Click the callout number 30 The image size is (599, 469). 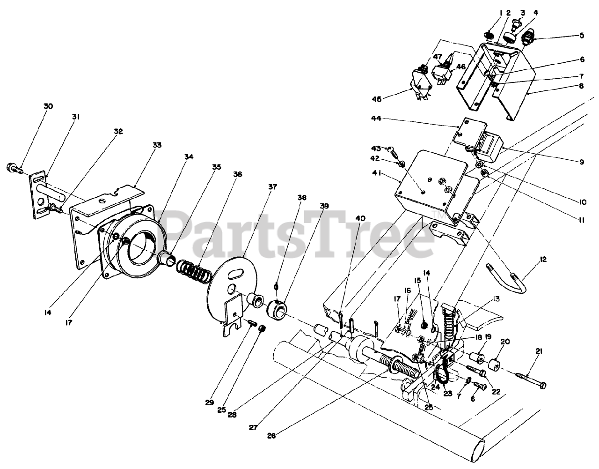(x=48, y=106)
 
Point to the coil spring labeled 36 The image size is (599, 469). (x=192, y=271)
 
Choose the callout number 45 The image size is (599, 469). (x=377, y=98)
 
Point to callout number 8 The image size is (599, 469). (x=581, y=86)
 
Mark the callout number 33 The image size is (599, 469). (x=156, y=145)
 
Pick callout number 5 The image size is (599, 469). (x=582, y=35)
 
